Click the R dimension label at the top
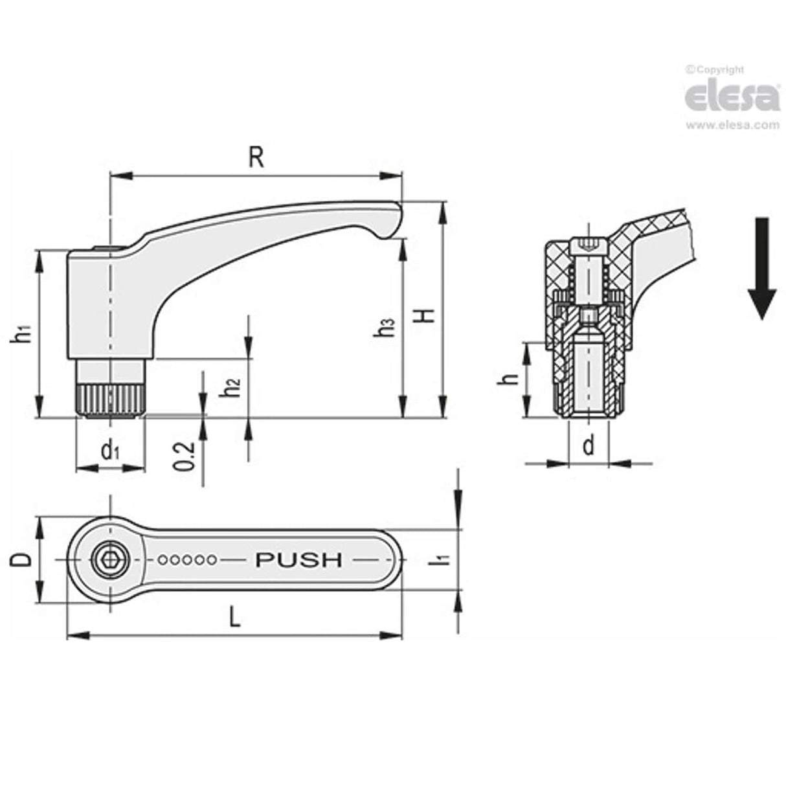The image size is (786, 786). pos(256,157)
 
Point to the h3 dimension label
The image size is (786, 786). pos(387,328)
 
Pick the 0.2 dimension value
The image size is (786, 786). pos(186,456)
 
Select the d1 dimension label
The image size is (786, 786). pos(110,451)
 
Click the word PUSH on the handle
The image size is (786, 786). pos(298,559)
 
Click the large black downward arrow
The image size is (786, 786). pos(762,267)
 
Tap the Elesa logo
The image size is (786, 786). pos(732,96)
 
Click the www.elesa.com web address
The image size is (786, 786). pos(732,125)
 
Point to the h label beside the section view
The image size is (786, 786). pos(511,379)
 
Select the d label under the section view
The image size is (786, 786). pos(588,445)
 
